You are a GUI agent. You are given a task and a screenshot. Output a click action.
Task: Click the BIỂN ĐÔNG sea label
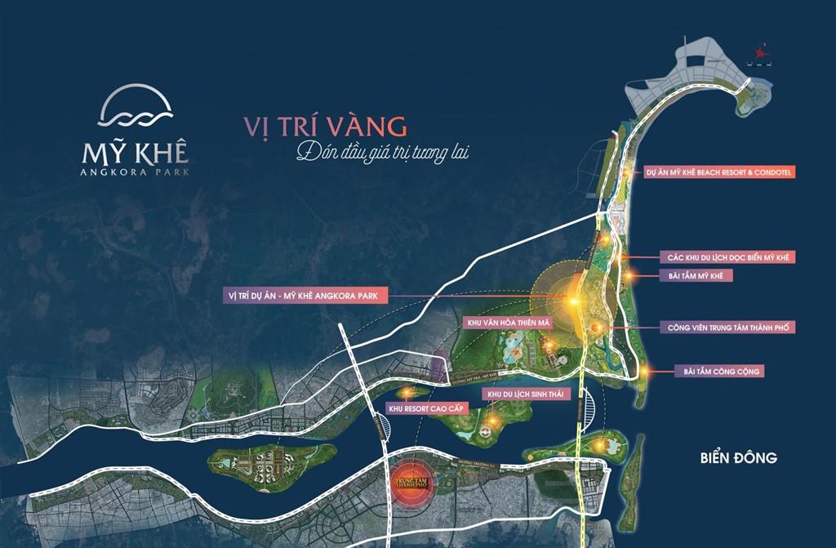pos(732,457)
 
